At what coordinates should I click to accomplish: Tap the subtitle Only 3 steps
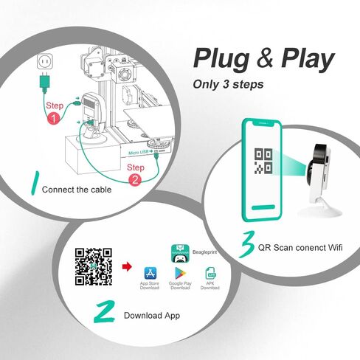pos(229,83)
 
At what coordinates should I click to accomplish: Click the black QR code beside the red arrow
pos(94,267)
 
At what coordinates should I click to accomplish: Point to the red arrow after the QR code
pos(125,263)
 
